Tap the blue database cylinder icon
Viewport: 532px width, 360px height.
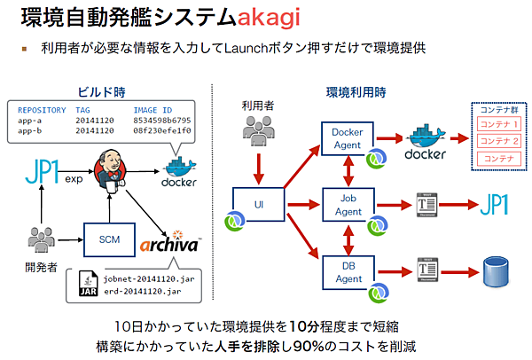pos(494,269)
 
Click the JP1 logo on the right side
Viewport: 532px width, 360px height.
pos(493,206)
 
